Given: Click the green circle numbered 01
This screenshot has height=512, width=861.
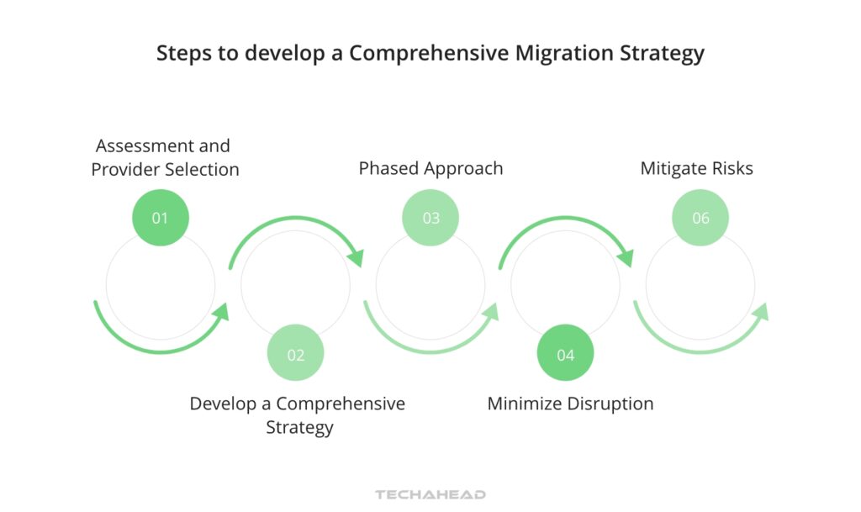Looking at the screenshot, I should point(161,218).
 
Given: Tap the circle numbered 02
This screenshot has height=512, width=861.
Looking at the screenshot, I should point(295,354).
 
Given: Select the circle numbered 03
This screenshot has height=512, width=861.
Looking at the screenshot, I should point(430,218).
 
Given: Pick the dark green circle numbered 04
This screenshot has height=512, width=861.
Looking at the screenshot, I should point(566,354).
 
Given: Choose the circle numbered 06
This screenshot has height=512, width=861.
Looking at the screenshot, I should point(700,218).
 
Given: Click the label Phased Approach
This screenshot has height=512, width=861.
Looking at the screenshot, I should point(430,168).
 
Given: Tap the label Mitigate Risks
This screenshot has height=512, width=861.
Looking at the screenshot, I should point(696,168).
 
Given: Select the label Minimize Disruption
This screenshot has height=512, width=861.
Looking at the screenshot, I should point(570,404).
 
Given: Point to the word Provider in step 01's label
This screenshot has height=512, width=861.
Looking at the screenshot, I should point(125,169).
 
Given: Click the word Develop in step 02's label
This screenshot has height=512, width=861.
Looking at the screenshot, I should point(221,404).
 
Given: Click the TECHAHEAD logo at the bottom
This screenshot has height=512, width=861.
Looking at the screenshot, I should point(430,494).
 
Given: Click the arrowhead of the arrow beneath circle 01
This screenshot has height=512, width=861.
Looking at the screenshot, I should point(221,313).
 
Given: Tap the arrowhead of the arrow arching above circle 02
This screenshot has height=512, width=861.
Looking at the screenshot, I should point(355,257).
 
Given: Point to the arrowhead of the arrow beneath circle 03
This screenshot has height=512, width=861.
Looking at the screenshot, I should point(490,313).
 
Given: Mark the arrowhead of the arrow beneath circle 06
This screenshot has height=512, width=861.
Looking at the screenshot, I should point(760,313).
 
